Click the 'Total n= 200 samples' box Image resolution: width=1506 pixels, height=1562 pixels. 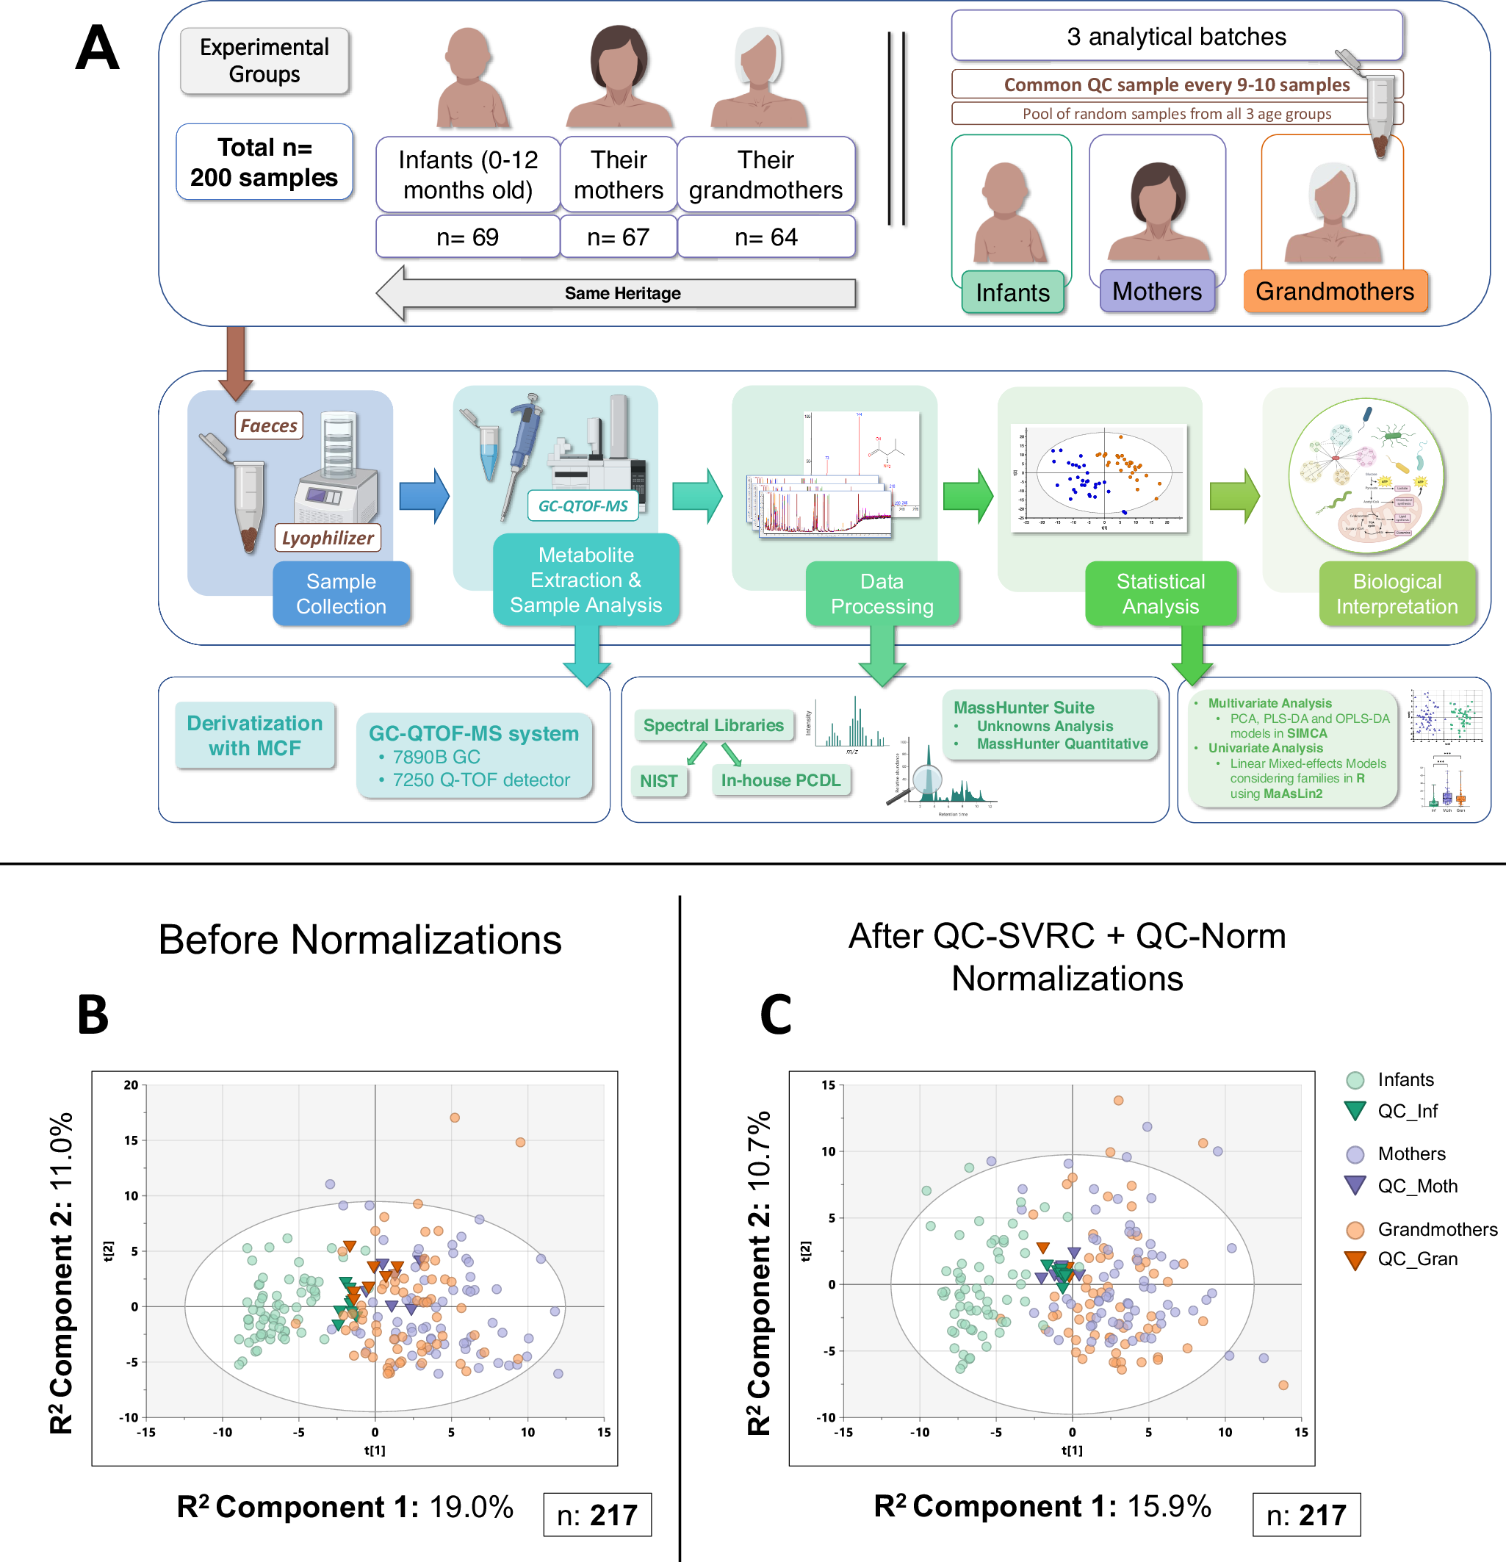tap(264, 162)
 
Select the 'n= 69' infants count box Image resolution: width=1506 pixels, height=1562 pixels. tap(467, 237)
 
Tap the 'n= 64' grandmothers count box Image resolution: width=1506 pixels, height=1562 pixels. tap(765, 237)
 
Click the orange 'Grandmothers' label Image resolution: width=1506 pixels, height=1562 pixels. tap(1335, 291)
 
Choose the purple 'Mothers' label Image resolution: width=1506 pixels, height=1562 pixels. tap(1156, 291)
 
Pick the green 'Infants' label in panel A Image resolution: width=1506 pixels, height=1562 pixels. tap(1012, 292)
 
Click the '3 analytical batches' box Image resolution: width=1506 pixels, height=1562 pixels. tap(1176, 37)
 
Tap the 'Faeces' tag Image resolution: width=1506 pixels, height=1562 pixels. tap(269, 425)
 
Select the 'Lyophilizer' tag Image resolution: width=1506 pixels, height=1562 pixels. tap(328, 538)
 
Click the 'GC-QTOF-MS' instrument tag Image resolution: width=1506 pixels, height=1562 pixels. tap(583, 505)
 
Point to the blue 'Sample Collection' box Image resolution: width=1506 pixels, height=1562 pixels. tap(341, 594)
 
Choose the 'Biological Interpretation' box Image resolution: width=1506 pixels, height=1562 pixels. tap(1396, 594)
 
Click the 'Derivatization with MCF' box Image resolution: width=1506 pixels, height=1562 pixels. tap(255, 735)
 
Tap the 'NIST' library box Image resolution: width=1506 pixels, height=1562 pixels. tap(659, 781)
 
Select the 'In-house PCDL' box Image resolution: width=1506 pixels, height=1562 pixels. tap(780, 780)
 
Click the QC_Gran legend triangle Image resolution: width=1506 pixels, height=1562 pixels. tap(1355, 1260)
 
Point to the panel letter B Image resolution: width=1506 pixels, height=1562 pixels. tap(93, 1015)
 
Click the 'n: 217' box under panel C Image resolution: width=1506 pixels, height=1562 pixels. tap(1306, 1514)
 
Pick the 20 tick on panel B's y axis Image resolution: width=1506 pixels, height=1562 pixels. tap(131, 1084)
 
